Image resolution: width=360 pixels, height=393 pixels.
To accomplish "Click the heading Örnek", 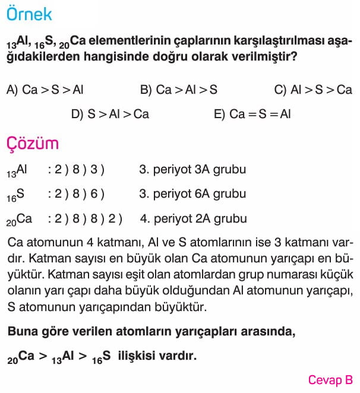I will click(29, 14).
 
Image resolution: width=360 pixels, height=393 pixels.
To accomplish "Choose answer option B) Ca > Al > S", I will click(179, 90).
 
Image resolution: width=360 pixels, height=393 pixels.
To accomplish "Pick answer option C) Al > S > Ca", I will click(313, 90).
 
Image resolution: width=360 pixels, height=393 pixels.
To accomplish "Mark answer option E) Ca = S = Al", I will click(252, 114).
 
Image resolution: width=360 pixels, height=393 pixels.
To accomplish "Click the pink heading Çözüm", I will click(33, 144).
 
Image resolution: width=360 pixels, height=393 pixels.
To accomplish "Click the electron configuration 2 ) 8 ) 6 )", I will click(76, 194).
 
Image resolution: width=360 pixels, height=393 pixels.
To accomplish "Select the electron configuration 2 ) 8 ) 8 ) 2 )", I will click(84, 218).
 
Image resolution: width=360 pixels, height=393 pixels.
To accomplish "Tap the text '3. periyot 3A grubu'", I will click(192, 170).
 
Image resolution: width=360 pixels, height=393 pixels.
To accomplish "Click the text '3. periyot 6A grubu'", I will click(192, 194).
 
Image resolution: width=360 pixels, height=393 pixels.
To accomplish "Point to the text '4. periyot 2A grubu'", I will click(193, 218).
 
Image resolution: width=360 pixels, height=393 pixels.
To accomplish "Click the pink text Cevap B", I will click(330, 380).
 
